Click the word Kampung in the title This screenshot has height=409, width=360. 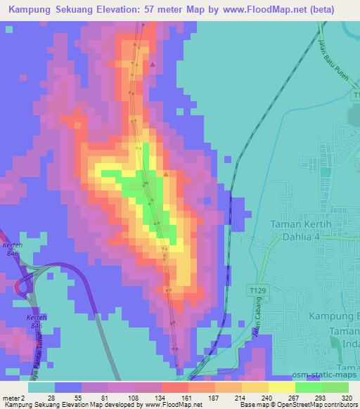(x=31, y=9)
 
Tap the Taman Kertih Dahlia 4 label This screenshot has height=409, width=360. (x=305, y=231)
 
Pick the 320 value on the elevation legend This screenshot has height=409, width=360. (x=348, y=397)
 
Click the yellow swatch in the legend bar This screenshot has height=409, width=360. (x=282, y=387)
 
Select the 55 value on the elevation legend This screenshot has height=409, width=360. (x=78, y=397)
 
